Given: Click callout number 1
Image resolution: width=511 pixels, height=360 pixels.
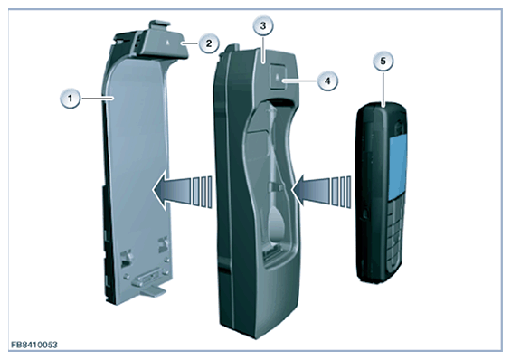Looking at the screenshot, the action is [70, 98].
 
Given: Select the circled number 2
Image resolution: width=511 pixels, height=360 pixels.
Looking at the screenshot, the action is [209, 43].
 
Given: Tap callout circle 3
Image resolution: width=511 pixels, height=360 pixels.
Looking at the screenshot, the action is [262, 25].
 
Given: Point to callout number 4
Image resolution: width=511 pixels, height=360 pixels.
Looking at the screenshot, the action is [327, 81].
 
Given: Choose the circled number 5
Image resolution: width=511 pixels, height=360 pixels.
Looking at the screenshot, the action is [383, 61].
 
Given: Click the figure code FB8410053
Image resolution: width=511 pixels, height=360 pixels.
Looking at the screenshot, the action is [34, 345].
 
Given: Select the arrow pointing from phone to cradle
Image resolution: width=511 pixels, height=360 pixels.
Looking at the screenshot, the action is [321, 190].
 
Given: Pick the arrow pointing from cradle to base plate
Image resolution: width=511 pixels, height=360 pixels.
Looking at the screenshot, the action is [182, 190].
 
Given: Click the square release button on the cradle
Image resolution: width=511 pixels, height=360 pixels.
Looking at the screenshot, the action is [278, 78].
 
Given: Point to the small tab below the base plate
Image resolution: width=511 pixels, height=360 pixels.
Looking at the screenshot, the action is [153, 291].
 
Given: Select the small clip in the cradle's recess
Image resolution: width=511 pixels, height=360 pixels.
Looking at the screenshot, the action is [276, 187].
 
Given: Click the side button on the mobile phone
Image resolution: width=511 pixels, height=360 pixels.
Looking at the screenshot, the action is [364, 214].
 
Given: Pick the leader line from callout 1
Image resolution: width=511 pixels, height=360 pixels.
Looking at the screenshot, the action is [97, 98].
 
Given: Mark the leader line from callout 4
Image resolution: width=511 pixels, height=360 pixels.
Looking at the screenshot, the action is [299, 81].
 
